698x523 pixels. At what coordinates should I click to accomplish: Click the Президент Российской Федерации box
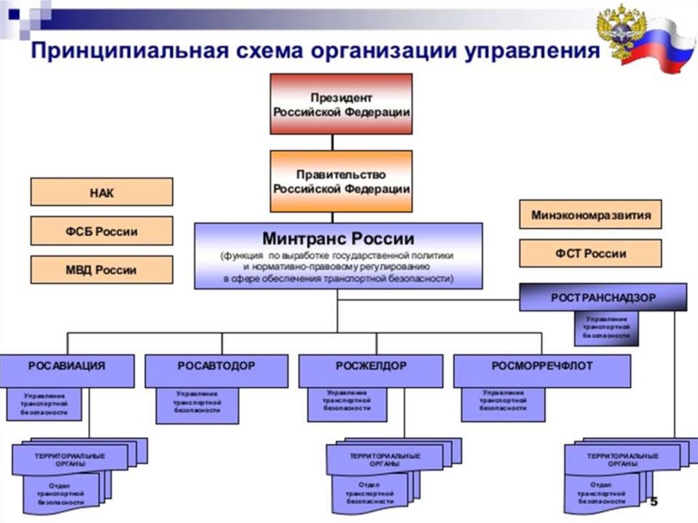pos(342,104)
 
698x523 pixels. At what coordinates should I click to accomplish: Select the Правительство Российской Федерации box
pos(342,181)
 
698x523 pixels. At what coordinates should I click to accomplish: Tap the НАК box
pos(102,192)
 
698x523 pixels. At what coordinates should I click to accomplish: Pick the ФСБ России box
pos(102,231)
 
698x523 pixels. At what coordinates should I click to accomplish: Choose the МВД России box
pos(102,269)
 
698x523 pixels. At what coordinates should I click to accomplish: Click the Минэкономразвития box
pos(590,215)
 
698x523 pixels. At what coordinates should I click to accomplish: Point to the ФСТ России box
pos(590,253)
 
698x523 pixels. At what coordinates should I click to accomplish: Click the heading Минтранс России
pos(338,239)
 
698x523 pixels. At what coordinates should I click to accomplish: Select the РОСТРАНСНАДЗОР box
pos(603,297)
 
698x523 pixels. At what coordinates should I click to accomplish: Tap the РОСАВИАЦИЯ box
pos(67,366)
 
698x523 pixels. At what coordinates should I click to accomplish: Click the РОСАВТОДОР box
pos(216,366)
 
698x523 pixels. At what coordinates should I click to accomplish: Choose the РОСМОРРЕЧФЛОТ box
pos(542,366)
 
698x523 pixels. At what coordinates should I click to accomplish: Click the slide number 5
pos(654,503)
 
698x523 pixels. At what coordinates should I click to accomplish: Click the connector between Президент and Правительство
pos(333,142)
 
